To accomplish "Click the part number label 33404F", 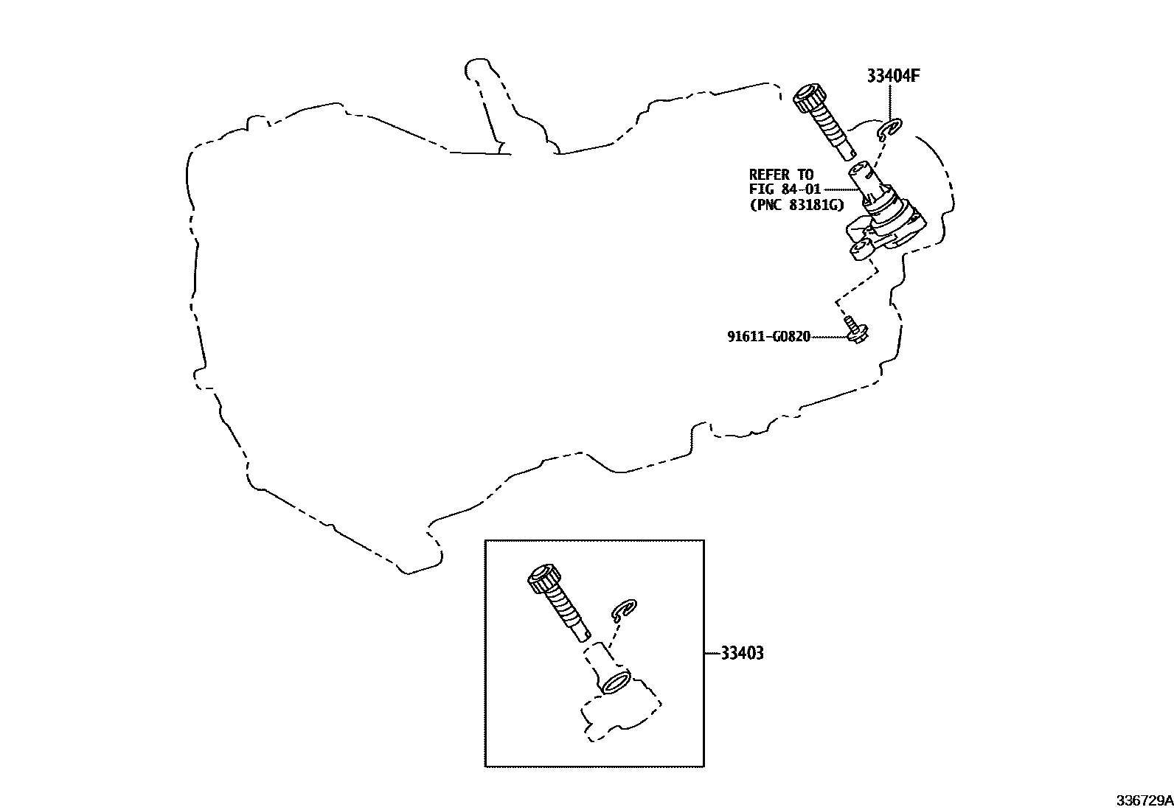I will (x=893, y=75).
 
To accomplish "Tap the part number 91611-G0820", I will (x=768, y=337).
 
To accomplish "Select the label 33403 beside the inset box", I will (x=742, y=653).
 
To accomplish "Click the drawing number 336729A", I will (x=1144, y=800).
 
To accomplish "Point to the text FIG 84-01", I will (x=785, y=190).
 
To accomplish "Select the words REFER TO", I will (x=781, y=175).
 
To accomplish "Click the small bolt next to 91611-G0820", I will (x=855, y=329).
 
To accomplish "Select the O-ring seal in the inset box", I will (x=616, y=682).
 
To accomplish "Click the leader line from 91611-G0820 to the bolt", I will (x=827, y=337).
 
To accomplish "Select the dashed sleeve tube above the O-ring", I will (x=599, y=657).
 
